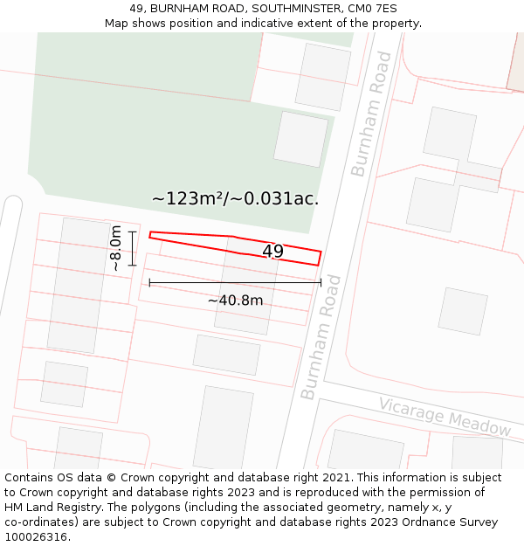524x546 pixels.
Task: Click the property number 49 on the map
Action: (x=272, y=252)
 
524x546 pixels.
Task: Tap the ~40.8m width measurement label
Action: (x=235, y=301)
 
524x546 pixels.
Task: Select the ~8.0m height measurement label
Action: (x=115, y=248)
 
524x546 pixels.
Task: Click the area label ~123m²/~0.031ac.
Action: (x=235, y=198)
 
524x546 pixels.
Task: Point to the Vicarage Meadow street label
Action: (x=445, y=416)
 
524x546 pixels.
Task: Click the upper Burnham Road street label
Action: (x=371, y=114)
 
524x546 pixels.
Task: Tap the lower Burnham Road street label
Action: (x=321, y=336)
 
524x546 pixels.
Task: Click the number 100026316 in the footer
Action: (x=38, y=537)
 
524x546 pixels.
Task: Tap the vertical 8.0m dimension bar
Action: (x=132, y=248)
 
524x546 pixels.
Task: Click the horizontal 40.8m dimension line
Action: (x=235, y=282)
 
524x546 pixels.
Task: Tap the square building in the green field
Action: (x=300, y=139)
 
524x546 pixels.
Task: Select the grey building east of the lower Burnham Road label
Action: (x=462, y=310)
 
